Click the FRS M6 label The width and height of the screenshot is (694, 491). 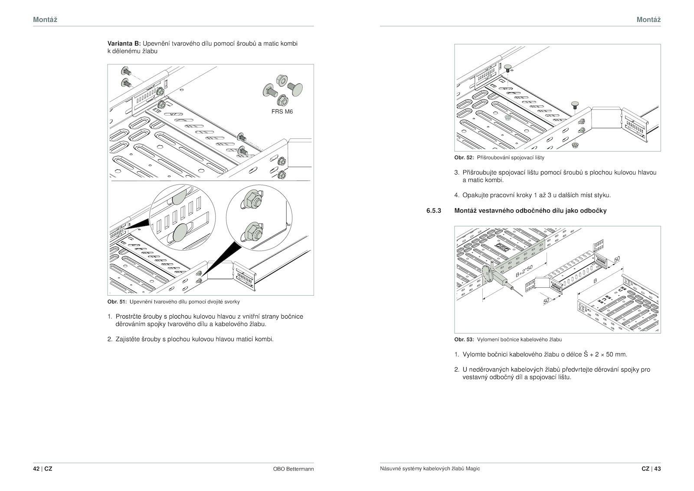[x=282, y=112]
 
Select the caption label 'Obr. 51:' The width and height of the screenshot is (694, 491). [x=117, y=301]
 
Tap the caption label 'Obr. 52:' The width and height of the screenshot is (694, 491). [x=464, y=157]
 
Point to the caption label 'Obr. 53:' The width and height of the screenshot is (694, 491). [x=464, y=339]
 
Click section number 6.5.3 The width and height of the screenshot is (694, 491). [x=434, y=211]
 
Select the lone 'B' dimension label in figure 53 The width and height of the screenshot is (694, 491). [x=595, y=281]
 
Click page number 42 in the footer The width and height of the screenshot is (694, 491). [x=36, y=469]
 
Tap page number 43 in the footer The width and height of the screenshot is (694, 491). [x=658, y=469]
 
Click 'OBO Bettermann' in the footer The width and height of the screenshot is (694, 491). [x=294, y=469]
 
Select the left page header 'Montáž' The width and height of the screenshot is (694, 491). [x=45, y=20]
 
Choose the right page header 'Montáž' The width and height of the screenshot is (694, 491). [x=648, y=20]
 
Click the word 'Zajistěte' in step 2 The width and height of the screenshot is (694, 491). [x=128, y=339]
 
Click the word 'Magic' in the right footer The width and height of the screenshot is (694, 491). [x=473, y=469]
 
